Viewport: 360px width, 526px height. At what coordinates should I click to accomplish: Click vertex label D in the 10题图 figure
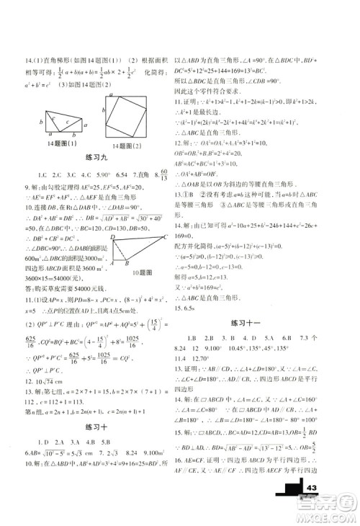point(113,236)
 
